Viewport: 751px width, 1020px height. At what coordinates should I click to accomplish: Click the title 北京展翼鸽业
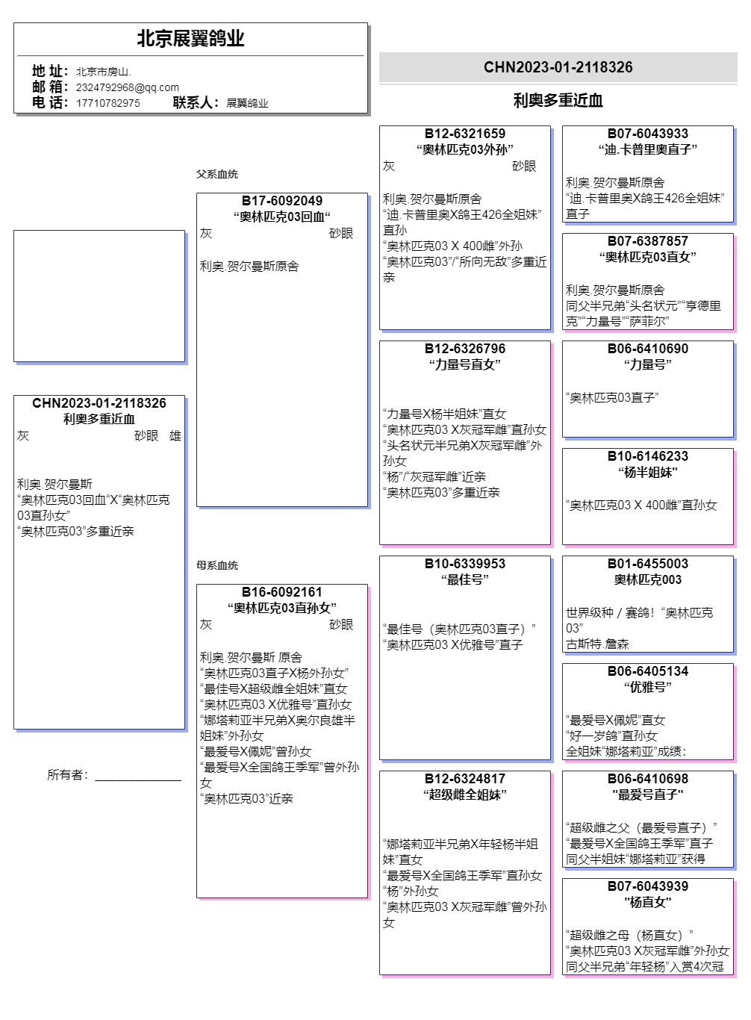pyautogui.click(x=190, y=39)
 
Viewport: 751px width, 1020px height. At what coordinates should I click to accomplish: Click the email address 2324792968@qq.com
pyautogui.click(x=127, y=87)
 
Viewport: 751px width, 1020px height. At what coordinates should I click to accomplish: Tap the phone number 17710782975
pyautogui.click(x=107, y=103)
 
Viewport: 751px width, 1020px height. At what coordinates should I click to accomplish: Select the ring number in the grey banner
pyautogui.click(x=558, y=67)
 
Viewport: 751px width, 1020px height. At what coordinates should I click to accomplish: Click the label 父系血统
pyautogui.click(x=217, y=174)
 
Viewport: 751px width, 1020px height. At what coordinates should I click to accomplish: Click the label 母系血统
pyautogui.click(x=217, y=565)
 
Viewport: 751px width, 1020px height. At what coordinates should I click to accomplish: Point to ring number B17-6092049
pyautogui.click(x=282, y=201)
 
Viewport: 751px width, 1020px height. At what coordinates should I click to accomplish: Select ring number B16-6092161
pyautogui.click(x=282, y=592)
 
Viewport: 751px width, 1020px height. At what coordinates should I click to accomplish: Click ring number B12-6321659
pyautogui.click(x=464, y=134)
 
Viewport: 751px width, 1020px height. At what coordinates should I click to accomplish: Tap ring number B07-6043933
pyautogui.click(x=647, y=134)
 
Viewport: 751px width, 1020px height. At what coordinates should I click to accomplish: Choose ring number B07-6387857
pyautogui.click(x=647, y=241)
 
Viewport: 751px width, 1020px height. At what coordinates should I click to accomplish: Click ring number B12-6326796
pyautogui.click(x=464, y=349)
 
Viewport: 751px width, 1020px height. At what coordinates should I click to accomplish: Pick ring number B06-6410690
pyautogui.click(x=647, y=349)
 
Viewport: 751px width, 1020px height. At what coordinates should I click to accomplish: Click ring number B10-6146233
pyautogui.click(x=647, y=456)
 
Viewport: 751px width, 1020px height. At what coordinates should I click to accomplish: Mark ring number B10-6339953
pyautogui.click(x=464, y=564)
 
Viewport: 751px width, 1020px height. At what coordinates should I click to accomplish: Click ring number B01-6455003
pyautogui.click(x=647, y=564)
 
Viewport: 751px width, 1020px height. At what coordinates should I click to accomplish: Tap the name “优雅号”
pyautogui.click(x=647, y=687)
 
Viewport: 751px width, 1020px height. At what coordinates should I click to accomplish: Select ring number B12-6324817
pyautogui.click(x=464, y=779)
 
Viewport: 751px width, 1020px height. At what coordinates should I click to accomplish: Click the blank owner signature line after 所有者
pyautogui.click(x=138, y=777)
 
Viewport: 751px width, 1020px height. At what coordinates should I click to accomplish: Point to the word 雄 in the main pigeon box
pyautogui.click(x=175, y=436)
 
